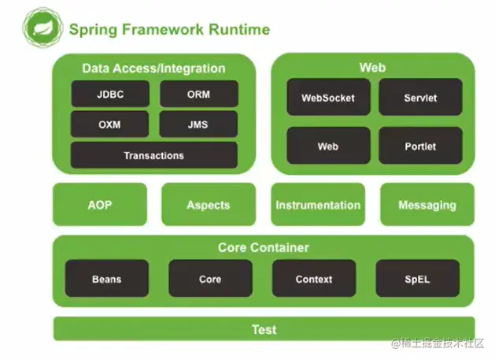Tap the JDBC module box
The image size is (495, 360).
click(110, 95)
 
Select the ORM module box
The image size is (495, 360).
click(198, 95)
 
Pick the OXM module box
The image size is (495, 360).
click(110, 124)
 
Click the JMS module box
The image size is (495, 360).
click(198, 124)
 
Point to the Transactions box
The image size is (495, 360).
click(153, 155)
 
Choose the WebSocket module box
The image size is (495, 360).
click(328, 98)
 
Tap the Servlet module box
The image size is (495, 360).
click(420, 98)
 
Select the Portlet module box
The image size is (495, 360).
click(420, 146)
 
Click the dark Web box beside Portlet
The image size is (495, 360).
click(328, 146)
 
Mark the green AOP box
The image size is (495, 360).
click(100, 205)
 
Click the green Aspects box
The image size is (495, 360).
click(209, 205)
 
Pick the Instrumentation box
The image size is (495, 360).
click(318, 205)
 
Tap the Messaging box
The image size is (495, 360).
click(427, 205)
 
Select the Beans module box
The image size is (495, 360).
click(106, 279)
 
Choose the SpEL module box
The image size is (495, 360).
click(417, 279)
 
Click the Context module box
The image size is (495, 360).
click(314, 279)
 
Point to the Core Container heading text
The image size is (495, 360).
click(264, 247)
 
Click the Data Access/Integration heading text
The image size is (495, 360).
click(153, 69)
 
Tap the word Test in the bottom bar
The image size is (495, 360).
click(264, 329)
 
